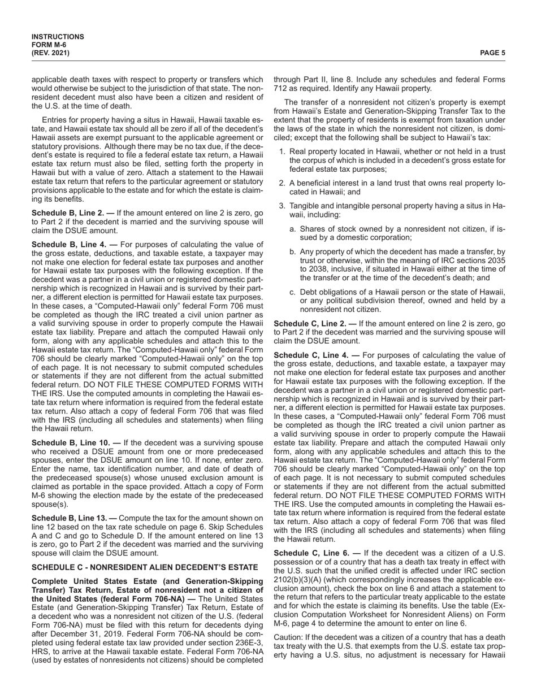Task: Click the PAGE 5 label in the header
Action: point(492,53)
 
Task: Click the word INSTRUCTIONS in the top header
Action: point(58,37)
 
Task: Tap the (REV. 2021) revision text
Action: point(51,53)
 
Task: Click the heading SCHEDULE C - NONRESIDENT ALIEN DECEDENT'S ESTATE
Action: point(145,567)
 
